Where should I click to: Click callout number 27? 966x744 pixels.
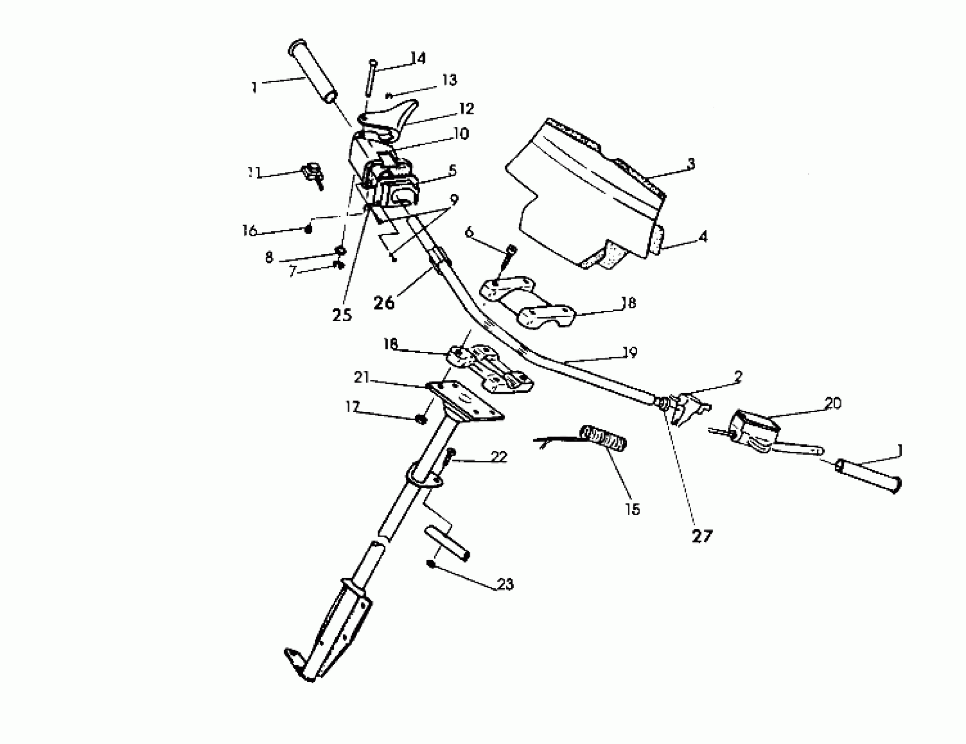[702, 537]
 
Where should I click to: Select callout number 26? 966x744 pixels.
[383, 303]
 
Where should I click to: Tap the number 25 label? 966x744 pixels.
[342, 315]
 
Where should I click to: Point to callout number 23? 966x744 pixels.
[506, 584]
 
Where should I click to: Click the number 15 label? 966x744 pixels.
[633, 509]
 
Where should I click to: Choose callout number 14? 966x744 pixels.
[418, 58]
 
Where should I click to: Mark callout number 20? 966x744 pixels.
[833, 404]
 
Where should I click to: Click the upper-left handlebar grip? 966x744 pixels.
[313, 74]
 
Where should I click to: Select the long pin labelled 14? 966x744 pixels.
[370, 77]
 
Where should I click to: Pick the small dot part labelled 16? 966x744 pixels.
[309, 229]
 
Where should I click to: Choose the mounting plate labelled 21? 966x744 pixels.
[464, 400]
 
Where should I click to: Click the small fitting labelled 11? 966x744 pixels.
[313, 173]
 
